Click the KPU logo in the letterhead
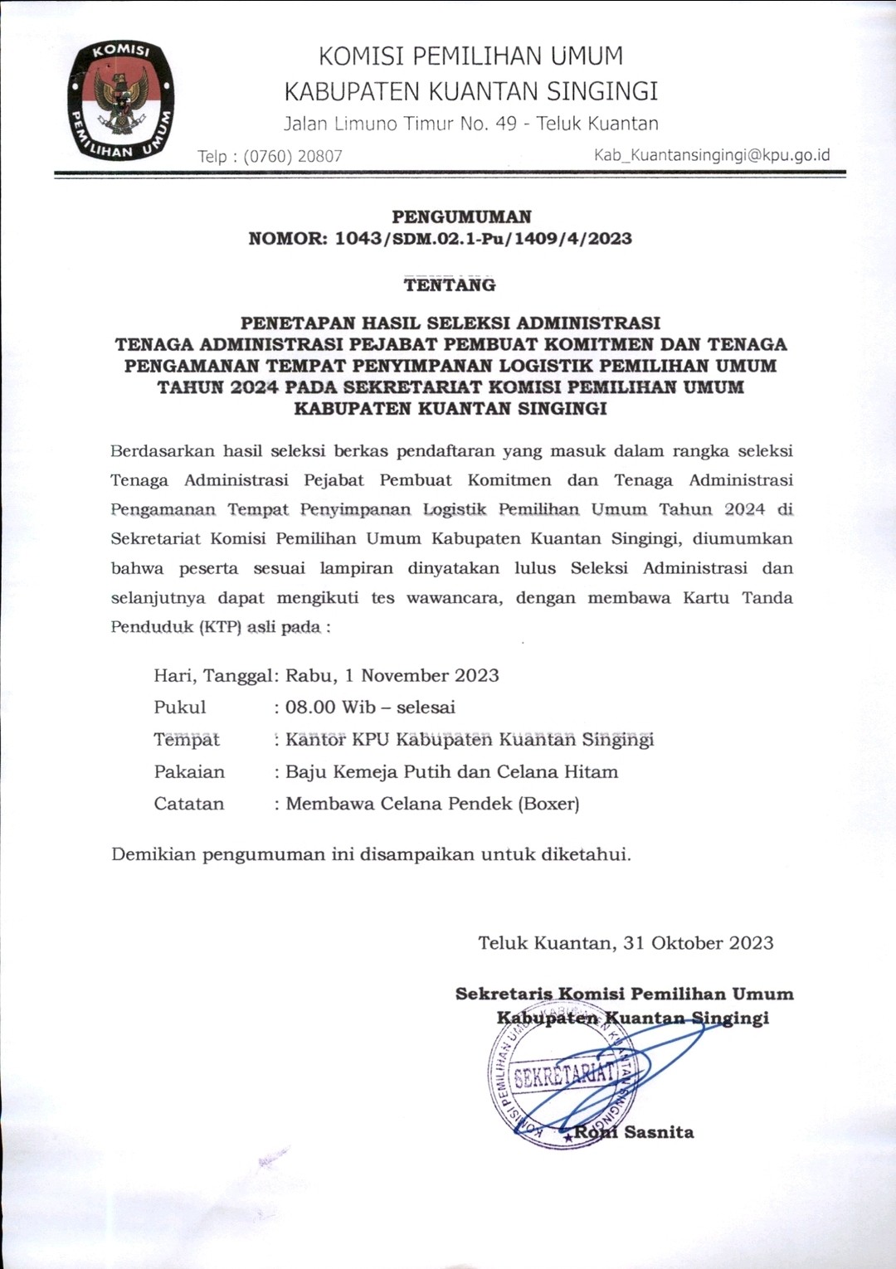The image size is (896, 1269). point(121,99)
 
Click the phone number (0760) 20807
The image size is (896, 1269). point(293,156)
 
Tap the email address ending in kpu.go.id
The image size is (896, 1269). point(712,155)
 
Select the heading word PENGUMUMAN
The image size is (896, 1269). point(461,217)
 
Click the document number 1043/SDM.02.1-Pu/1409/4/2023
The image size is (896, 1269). point(483,239)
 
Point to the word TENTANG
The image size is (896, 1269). point(450,285)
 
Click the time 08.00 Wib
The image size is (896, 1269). point(330,707)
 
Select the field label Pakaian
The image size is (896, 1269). point(189,772)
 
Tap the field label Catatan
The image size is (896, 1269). point(189,804)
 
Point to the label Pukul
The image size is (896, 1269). point(179,707)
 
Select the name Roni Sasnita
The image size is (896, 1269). point(634,1132)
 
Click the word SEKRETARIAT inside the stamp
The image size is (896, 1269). point(565,1076)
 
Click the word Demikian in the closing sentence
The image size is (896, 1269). point(153,854)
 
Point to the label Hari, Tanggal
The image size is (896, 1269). point(212,675)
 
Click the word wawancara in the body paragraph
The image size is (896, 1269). point(454,598)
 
